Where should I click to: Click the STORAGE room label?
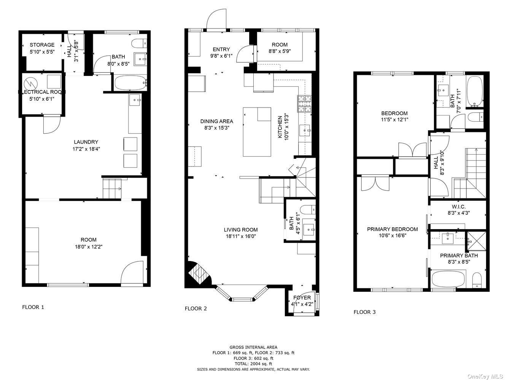(42, 45)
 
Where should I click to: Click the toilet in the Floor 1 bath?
(139, 43)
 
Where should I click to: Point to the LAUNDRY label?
(86, 142)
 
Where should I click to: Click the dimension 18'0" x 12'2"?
(89, 247)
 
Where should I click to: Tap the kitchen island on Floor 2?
(257, 132)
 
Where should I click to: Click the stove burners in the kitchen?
(304, 104)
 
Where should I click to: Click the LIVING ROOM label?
(241, 230)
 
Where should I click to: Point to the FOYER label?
(302, 298)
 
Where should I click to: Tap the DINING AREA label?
(217, 121)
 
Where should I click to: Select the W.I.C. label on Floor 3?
(459, 207)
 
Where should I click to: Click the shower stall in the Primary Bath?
(477, 241)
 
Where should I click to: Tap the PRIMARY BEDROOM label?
(393, 229)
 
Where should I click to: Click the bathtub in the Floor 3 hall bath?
(475, 91)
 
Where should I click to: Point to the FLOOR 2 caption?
(195, 309)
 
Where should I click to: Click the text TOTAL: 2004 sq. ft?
(253, 364)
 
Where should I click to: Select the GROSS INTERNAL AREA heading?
(253, 347)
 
